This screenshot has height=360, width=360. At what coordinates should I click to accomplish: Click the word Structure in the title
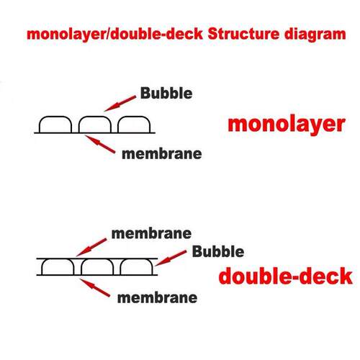(243, 34)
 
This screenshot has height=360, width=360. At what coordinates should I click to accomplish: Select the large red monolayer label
(287, 125)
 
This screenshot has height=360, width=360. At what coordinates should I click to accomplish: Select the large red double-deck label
(286, 276)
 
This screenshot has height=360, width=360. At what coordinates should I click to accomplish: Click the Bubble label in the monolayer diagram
(166, 93)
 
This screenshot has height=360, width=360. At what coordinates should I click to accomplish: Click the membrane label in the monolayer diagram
(162, 154)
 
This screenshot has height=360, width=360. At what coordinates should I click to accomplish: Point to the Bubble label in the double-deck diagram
(218, 251)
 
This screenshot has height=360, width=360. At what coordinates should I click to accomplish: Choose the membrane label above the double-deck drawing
(151, 233)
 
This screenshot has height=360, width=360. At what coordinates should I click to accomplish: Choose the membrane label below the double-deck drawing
(157, 298)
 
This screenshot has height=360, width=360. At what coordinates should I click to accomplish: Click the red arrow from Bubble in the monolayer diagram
(120, 104)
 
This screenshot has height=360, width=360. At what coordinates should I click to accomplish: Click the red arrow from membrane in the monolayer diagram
(100, 144)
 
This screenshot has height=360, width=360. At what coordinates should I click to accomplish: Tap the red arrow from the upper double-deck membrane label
(91, 247)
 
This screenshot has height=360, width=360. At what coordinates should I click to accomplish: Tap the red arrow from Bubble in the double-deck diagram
(171, 258)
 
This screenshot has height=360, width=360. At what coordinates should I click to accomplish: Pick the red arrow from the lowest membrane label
(94, 287)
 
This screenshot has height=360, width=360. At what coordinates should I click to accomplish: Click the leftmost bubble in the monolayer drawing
(55, 117)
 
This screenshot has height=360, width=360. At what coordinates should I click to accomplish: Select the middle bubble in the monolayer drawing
(95, 117)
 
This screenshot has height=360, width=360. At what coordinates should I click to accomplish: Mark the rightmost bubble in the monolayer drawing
(134, 117)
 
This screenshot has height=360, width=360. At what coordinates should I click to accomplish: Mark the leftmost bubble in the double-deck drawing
(58, 259)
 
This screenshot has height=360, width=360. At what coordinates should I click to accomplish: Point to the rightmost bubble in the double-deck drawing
(136, 259)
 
